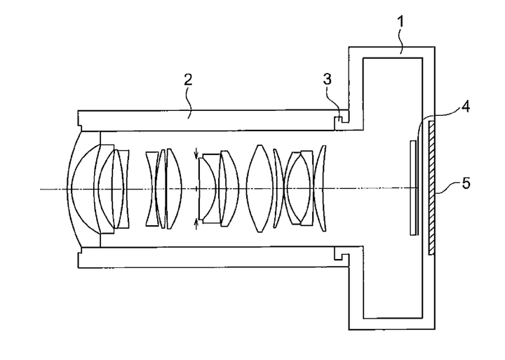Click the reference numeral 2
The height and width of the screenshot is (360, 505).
click(x=188, y=79)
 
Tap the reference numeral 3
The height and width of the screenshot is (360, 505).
click(x=328, y=79)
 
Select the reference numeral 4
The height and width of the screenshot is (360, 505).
click(x=465, y=107)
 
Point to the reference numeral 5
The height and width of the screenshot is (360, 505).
click(x=466, y=183)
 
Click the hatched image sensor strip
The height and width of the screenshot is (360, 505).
click(x=431, y=187)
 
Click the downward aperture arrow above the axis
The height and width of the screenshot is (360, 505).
click(x=196, y=153)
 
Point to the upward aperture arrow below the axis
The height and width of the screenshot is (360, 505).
click(x=196, y=223)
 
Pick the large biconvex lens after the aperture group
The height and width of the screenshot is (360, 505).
click(x=260, y=189)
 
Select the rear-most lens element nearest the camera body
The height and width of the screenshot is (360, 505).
click(x=320, y=189)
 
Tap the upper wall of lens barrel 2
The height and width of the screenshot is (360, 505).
click(x=213, y=121)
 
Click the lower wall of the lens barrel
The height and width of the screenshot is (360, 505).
click(x=213, y=257)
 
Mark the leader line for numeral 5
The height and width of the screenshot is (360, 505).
click(x=448, y=188)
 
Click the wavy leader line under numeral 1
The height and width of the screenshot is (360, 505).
click(x=400, y=42)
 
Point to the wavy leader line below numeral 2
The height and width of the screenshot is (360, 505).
click(x=189, y=103)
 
